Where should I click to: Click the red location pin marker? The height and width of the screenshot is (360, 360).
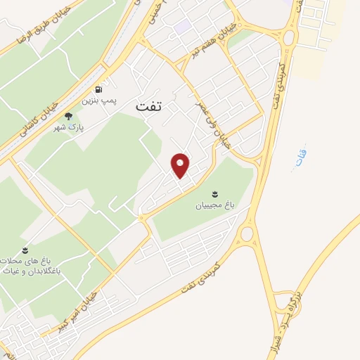(x=181, y=165)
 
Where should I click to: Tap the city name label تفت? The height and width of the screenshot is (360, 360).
(x=148, y=105)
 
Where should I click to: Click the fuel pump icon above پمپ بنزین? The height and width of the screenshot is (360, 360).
(x=98, y=90)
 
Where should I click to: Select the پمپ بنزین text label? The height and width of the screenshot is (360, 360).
(x=98, y=101)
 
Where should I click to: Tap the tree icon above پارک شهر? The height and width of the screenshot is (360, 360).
(x=68, y=117)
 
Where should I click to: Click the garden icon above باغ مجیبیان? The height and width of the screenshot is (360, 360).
(x=214, y=193)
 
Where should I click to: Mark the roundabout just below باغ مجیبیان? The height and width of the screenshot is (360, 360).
(x=246, y=233)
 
